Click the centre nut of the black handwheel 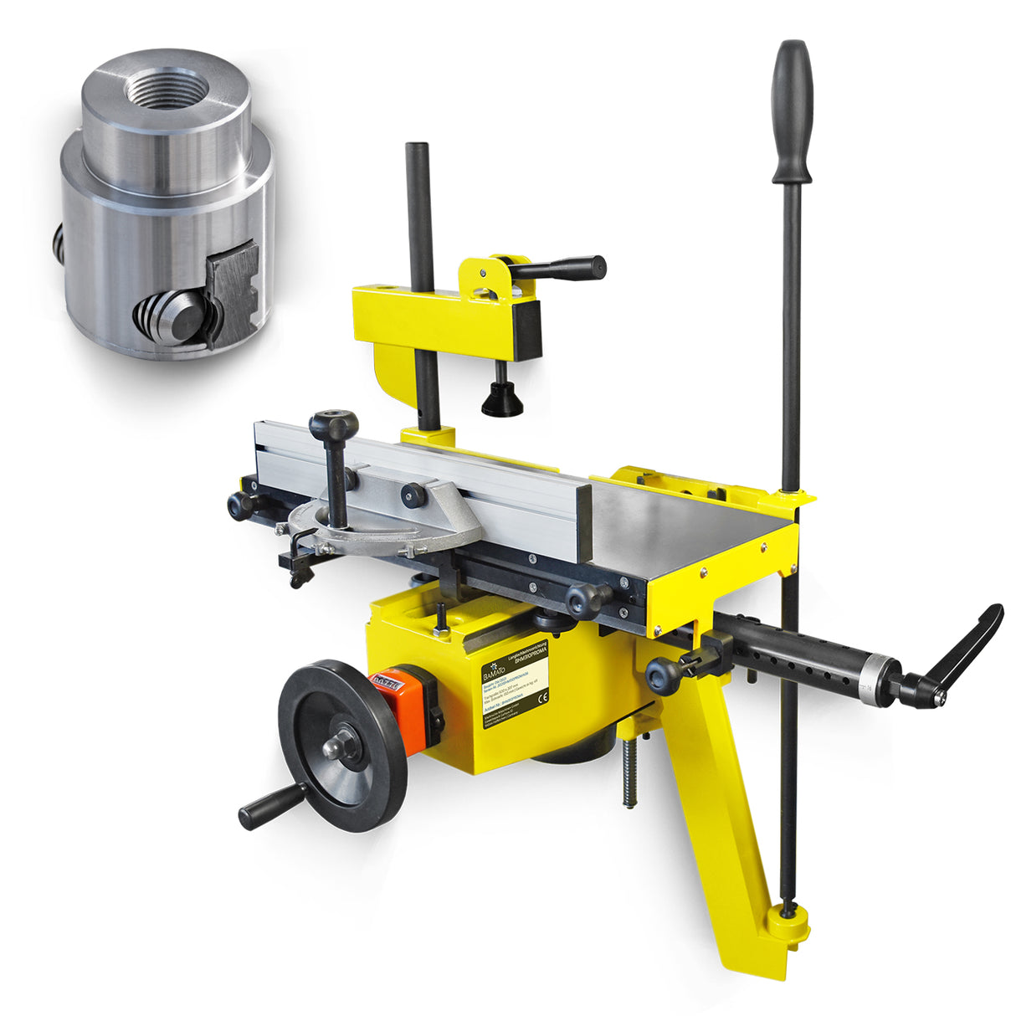coord(341,743)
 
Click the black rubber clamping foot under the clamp coord(502,402)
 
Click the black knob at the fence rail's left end coord(239,505)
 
